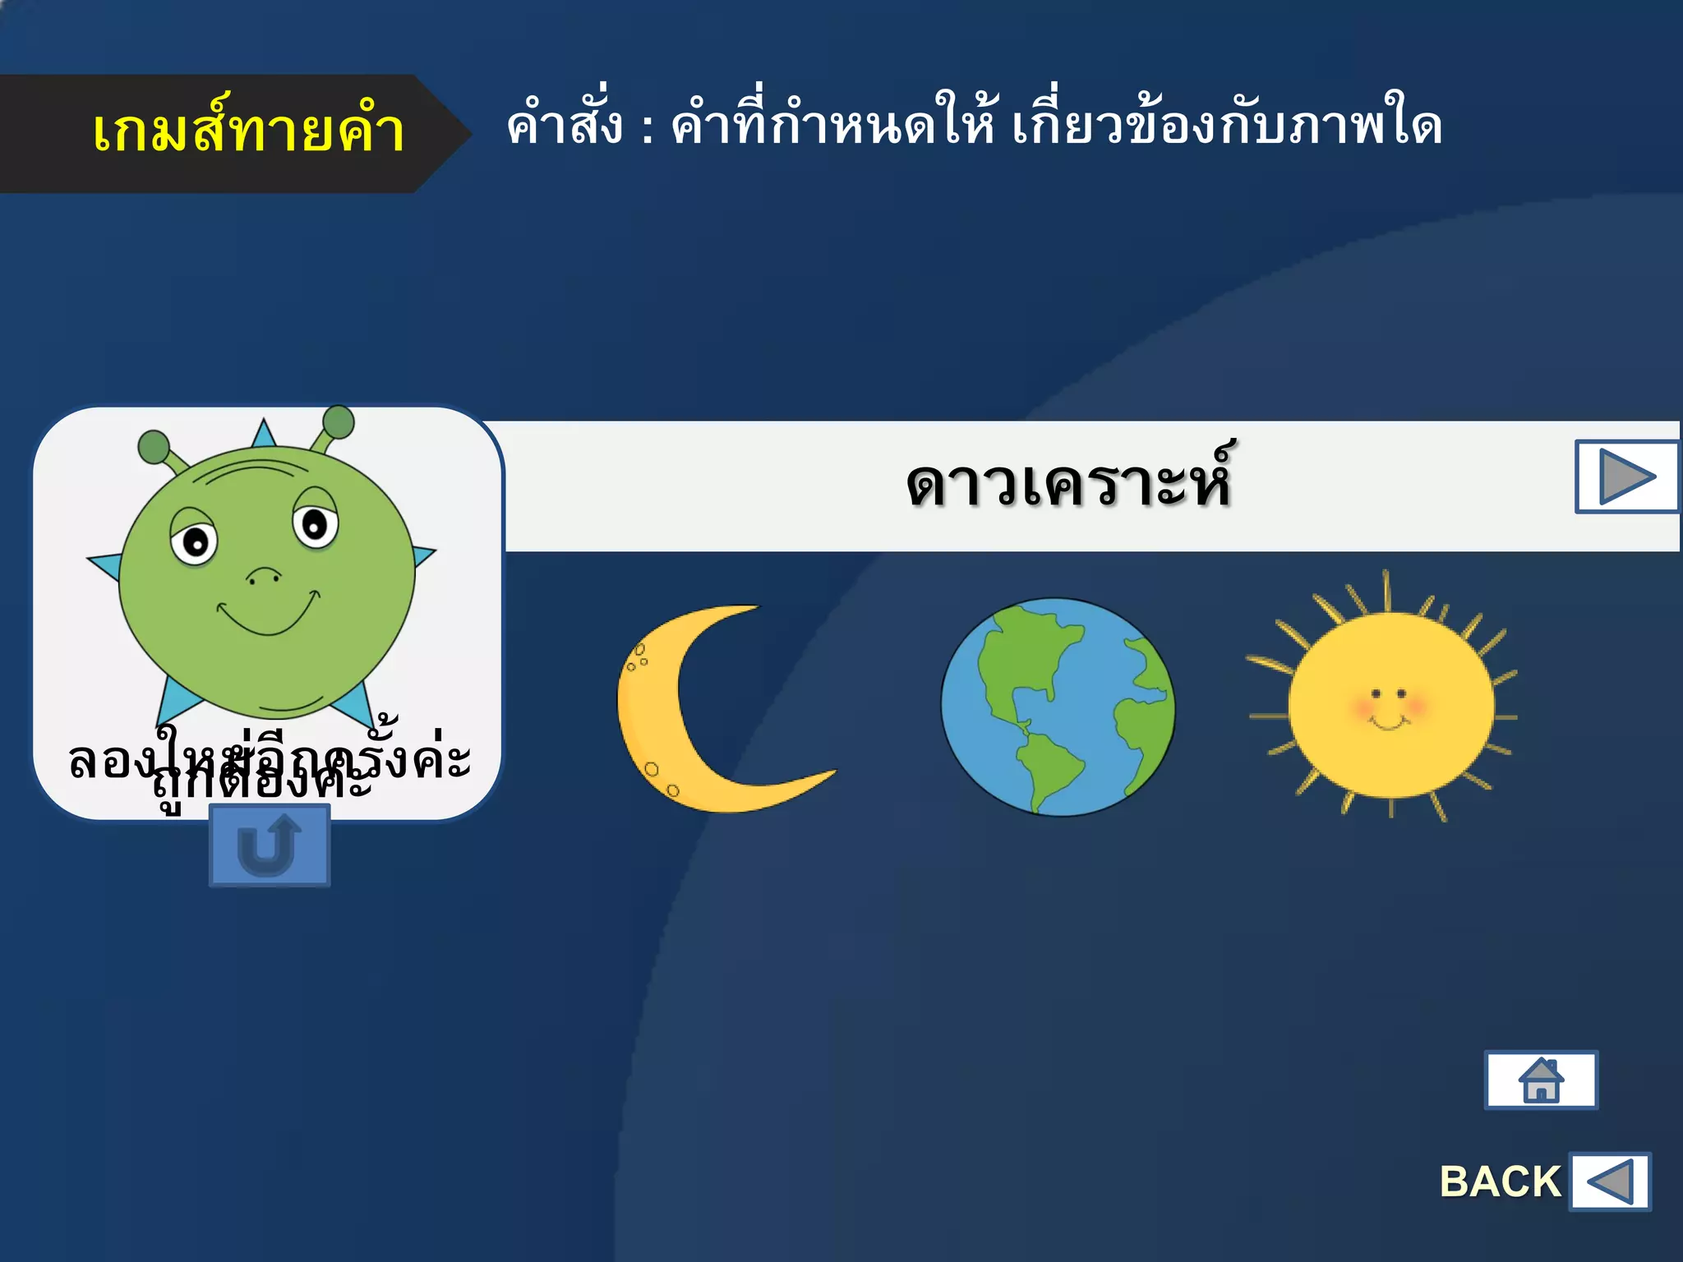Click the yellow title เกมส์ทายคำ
click(x=248, y=131)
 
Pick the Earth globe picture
click(x=1058, y=707)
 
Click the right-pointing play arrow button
click(x=1626, y=477)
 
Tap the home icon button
click(x=1541, y=1080)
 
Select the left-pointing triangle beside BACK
click(x=1610, y=1181)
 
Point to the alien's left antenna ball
click(x=153, y=447)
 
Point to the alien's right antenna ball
click(x=338, y=422)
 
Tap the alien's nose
click(x=264, y=575)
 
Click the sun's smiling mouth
click(x=1389, y=723)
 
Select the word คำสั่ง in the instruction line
click(x=565, y=127)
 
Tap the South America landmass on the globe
click(x=1048, y=768)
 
